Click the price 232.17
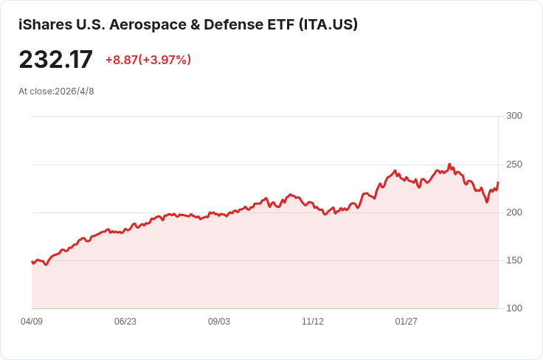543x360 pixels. [x=56, y=59]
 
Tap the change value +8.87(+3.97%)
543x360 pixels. [x=148, y=60]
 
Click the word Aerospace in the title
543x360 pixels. [x=148, y=24]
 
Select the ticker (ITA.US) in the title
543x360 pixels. [x=328, y=24]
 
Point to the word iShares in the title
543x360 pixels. [x=45, y=24]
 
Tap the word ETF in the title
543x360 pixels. [x=281, y=24]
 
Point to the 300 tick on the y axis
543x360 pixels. [x=514, y=116]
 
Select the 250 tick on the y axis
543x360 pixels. [x=514, y=165]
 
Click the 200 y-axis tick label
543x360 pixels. [x=514, y=212]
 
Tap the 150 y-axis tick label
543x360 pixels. [x=514, y=260]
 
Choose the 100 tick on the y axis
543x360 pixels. [x=514, y=308]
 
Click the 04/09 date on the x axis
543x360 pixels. [x=32, y=322]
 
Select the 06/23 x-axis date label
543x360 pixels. [x=125, y=322]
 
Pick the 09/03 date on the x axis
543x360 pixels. [x=219, y=322]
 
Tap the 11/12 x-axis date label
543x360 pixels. [x=313, y=322]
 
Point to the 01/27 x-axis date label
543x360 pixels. [x=407, y=322]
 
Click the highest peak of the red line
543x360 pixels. [x=449, y=164]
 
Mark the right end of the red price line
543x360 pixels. [x=498, y=182]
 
